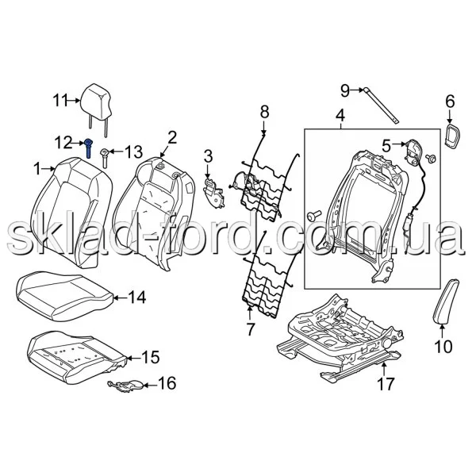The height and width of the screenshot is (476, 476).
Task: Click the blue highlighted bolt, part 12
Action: pyautogui.click(x=89, y=148)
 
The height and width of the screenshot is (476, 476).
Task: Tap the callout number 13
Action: pyautogui.click(x=133, y=152)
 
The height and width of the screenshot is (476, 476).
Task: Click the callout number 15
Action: pyautogui.click(x=151, y=357)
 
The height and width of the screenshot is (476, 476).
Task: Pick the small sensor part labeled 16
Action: pyautogui.click(x=125, y=385)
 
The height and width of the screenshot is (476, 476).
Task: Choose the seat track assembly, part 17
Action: pyautogui.click(x=340, y=339)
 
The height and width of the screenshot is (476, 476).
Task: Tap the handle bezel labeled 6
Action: pyautogui.click(x=451, y=134)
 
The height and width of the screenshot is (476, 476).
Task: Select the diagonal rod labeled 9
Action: pyautogui.click(x=381, y=106)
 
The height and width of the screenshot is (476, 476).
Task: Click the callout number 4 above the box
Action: pyautogui.click(x=340, y=115)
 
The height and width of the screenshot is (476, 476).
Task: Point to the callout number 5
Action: pyautogui.click(x=386, y=145)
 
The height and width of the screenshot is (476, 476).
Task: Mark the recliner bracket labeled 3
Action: pyautogui.click(x=213, y=193)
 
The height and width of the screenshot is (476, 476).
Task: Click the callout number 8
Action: pyautogui.click(x=264, y=111)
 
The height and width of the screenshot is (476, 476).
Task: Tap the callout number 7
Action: pyautogui.click(x=250, y=328)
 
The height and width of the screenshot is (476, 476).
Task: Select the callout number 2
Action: pyautogui.click(x=172, y=137)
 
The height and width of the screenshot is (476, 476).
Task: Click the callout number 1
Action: pyautogui.click(x=37, y=169)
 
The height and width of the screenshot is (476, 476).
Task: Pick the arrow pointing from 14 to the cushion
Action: pyautogui.click(x=120, y=297)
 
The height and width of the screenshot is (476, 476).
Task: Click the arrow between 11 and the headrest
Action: pyautogui.click(x=74, y=100)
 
